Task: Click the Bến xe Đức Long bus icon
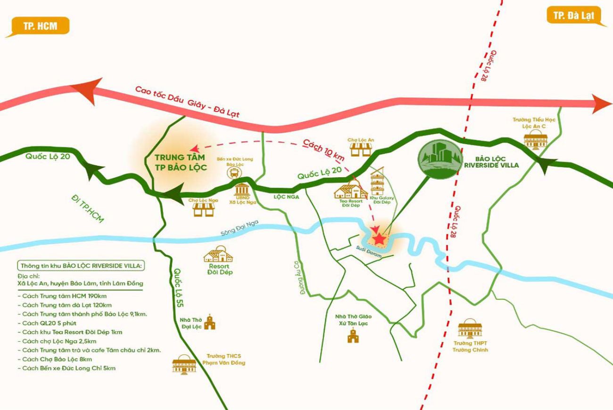(x=233, y=172)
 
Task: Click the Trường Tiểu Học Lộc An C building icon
(x=535, y=139)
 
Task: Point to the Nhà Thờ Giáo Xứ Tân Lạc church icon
(x=351, y=336)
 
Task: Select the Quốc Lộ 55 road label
(x=178, y=287)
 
